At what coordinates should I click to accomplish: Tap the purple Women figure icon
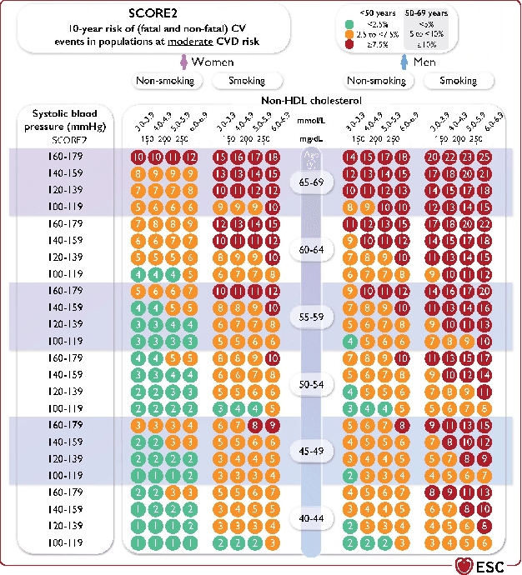(x=183, y=63)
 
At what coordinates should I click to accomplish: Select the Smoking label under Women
(x=246, y=81)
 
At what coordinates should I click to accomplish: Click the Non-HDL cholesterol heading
(x=313, y=100)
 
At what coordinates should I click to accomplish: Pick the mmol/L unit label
(x=313, y=126)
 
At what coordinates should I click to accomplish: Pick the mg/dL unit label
(x=313, y=140)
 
